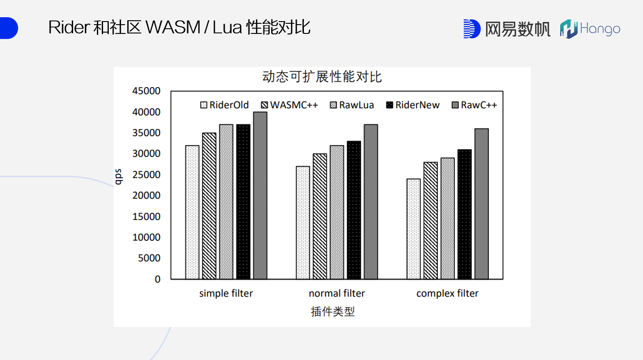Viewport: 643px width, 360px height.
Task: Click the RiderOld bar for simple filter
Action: coord(192,212)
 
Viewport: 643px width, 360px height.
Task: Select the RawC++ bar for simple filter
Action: coord(260,195)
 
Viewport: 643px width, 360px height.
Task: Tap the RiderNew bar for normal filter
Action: coord(354,210)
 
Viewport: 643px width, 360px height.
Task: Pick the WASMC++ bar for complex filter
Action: coord(430,220)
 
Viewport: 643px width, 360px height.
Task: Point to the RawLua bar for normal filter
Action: coord(337,212)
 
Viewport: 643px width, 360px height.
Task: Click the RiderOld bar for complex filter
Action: coord(414,229)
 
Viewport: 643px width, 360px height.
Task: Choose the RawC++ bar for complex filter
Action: coord(481,204)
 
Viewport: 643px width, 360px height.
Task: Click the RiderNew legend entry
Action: coord(413,105)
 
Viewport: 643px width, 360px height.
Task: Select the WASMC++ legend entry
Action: coord(289,105)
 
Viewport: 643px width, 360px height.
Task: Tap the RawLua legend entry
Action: coord(352,105)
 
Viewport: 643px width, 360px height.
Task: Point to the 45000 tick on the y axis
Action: coord(146,91)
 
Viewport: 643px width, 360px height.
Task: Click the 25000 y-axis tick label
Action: coord(146,175)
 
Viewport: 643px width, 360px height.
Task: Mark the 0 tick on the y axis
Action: coord(157,279)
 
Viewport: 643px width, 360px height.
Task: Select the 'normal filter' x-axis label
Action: coord(337,294)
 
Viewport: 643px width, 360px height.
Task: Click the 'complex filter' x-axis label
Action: coord(447,294)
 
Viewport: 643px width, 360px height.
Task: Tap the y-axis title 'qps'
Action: coord(118,176)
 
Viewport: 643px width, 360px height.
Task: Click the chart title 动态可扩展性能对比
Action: coord(322,77)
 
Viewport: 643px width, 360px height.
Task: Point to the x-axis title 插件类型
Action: coord(333,312)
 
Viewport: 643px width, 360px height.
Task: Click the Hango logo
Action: coord(590,29)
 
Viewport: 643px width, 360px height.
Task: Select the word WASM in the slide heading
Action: coord(173,27)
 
